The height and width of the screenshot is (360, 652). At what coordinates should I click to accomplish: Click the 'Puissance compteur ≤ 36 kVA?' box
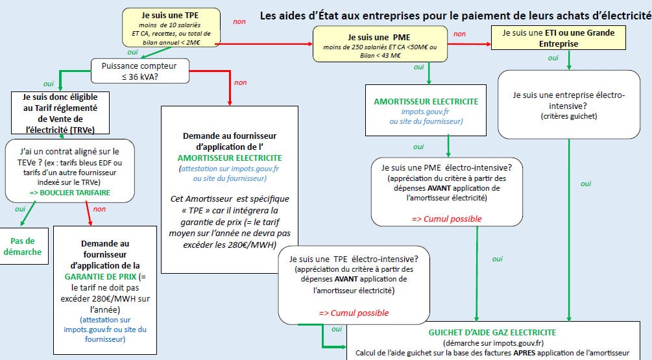(134, 70)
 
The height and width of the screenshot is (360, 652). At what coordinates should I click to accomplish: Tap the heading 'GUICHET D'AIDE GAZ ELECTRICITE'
(492, 333)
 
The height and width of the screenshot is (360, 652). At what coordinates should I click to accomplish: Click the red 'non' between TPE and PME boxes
(239, 22)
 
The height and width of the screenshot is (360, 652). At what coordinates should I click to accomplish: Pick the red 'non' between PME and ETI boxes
(459, 34)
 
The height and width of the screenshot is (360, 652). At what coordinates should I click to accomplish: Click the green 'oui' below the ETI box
(553, 58)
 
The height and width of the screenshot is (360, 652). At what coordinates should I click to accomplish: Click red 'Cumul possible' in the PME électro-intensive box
(446, 219)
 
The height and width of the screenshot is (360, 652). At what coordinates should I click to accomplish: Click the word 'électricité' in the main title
(622, 16)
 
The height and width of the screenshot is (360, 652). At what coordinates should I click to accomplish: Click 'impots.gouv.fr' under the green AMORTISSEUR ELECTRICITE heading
(426, 112)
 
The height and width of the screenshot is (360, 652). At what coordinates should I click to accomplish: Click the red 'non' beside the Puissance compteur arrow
(240, 82)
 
